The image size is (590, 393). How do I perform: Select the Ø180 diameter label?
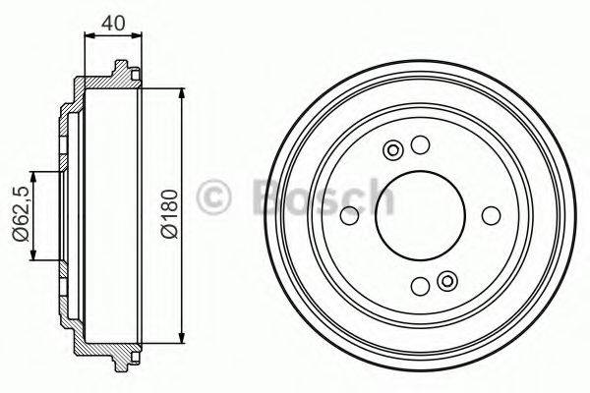click(x=169, y=216)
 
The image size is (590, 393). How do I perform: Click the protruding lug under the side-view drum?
click(x=121, y=362)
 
